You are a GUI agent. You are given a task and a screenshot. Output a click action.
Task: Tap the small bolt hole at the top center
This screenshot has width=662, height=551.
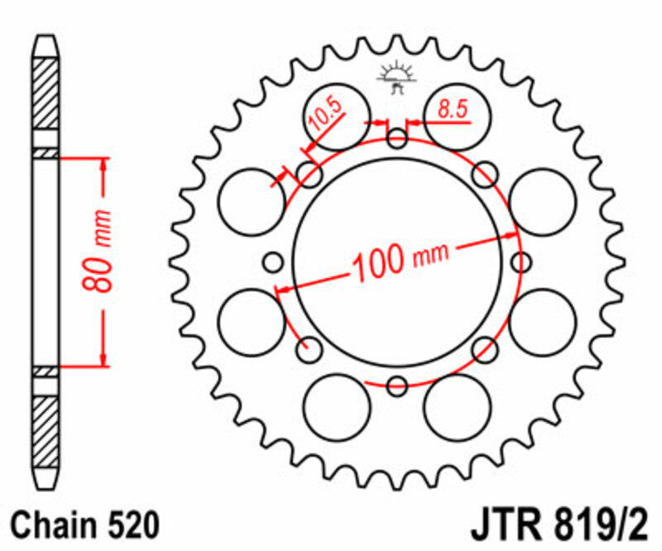(x=397, y=138)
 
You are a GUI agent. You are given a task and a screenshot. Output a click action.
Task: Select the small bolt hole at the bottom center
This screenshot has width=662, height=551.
(x=397, y=385)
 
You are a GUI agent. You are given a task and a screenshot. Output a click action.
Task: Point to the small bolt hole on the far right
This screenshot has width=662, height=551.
(x=521, y=263)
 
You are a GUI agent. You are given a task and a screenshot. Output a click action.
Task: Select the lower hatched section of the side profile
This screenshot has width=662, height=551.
(x=46, y=427)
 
